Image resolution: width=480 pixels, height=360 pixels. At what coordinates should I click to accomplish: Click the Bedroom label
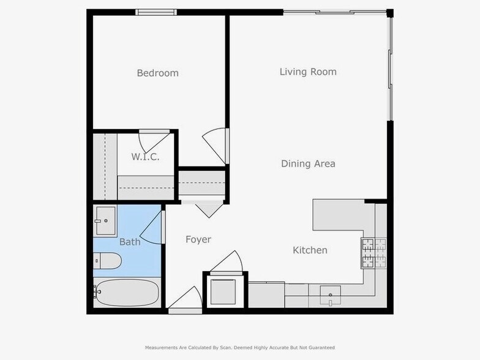click(x=157, y=73)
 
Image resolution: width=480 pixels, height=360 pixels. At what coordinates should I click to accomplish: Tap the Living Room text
click(x=308, y=72)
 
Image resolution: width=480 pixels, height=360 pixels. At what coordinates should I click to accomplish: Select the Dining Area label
click(x=308, y=163)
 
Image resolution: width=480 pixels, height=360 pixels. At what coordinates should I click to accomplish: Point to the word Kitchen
click(x=310, y=250)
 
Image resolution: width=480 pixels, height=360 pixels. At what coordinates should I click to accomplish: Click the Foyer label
click(x=198, y=239)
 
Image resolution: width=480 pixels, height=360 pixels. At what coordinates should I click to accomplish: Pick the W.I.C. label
click(x=145, y=157)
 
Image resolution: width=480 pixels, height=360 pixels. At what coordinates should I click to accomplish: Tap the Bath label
click(x=130, y=242)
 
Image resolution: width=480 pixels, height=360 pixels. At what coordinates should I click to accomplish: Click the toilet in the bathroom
click(x=107, y=261)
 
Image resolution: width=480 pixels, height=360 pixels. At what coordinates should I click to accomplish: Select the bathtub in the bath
click(x=127, y=293)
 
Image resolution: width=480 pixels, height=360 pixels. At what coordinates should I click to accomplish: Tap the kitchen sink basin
click(x=331, y=294)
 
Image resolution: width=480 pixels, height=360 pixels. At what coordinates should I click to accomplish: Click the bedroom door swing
click(x=216, y=144)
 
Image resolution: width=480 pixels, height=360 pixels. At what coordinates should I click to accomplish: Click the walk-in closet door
click(x=149, y=141)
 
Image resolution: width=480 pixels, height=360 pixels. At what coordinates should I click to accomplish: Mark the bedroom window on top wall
click(x=156, y=12)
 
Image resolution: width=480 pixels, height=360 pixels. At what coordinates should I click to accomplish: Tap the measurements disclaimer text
click(x=239, y=347)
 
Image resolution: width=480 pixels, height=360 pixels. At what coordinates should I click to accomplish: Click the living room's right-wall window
click(x=390, y=67)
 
